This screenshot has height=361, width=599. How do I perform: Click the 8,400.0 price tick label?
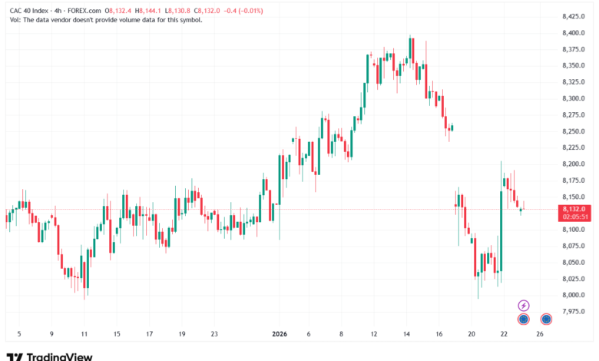[x=574, y=33]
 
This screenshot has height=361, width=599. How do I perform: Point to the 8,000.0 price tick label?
[x=574, y=295]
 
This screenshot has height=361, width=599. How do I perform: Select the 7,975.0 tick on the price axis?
[x=574, y=311]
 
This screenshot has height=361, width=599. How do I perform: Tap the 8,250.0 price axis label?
[x=574, y=131]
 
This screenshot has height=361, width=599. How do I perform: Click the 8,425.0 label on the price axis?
[x=574, y=16]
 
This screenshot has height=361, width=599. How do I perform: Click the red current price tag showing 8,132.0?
[x=574, y=213]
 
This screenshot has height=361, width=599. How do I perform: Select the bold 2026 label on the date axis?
[x=280, y=334]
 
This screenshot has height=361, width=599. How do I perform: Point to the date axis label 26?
[x=539, y=334]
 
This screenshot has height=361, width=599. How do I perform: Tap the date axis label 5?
[x=19, y=334]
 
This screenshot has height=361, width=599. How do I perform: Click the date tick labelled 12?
[x=374, y=334]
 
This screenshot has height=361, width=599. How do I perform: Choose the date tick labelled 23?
[x=214, y=334]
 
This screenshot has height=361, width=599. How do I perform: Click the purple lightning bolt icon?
[x=524, y=306]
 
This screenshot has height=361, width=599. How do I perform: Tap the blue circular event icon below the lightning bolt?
[x=524, y=319]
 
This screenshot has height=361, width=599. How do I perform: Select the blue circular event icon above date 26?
[x=546, y=319]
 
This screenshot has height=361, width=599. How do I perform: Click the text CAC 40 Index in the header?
[x=29, y=11]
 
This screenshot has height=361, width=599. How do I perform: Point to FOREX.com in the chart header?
[x=84, y=11]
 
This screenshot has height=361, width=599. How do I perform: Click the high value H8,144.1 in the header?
[x=148, y=11]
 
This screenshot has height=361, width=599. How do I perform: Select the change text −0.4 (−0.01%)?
[x=243, y=11]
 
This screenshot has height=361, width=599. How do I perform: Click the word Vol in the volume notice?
[x=15, y=20]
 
